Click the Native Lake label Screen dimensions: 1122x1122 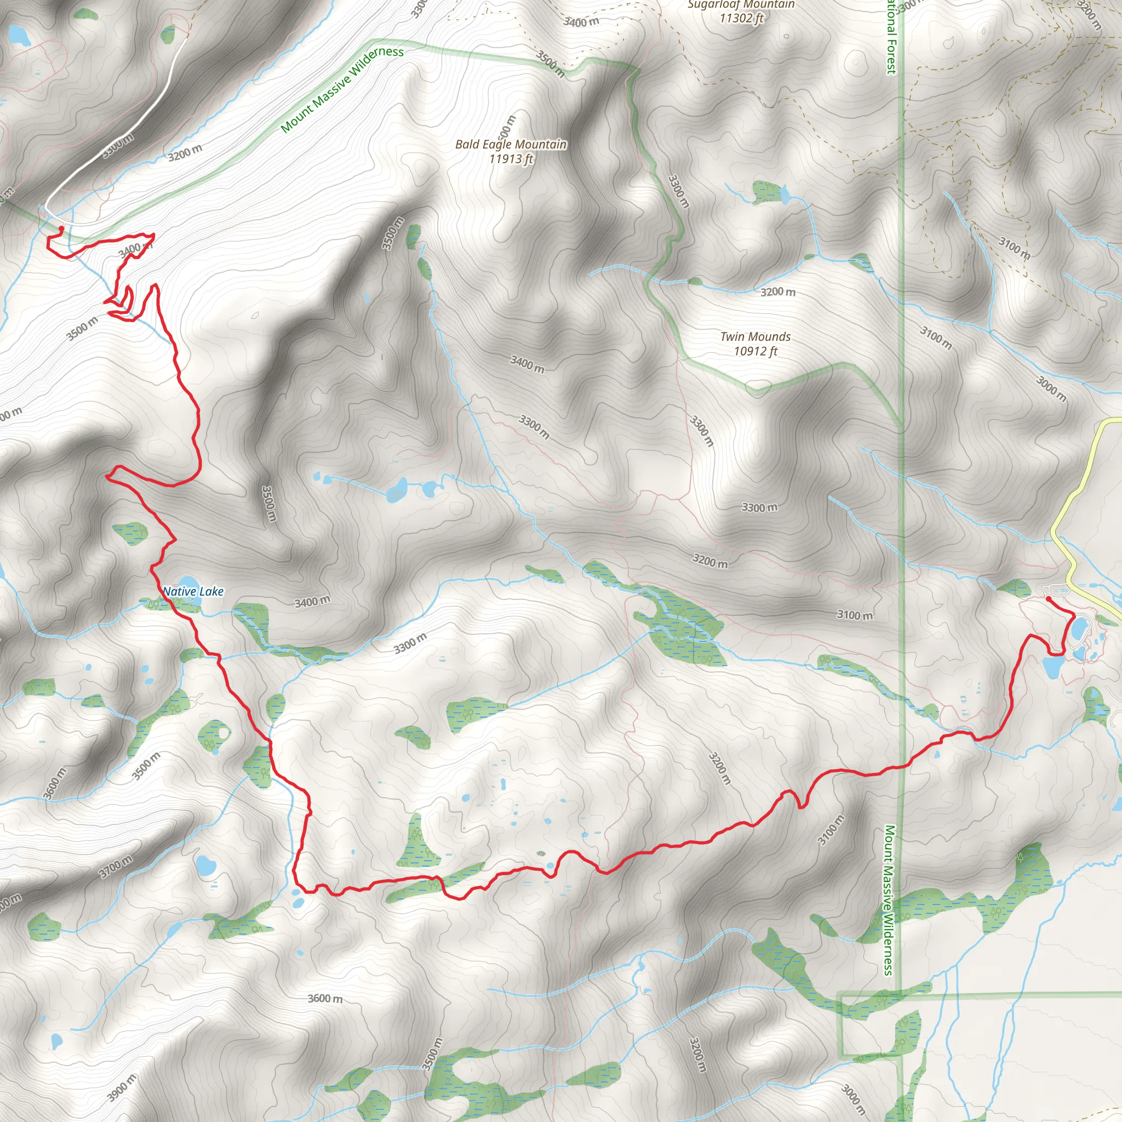(x=193, y=591)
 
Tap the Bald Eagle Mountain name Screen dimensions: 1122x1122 (x=511, y=144)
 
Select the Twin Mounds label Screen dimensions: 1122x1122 (x=755, y=337)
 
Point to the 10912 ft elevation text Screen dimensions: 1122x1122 (x=755, y=351)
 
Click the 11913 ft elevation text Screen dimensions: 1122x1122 (x=511, y=158)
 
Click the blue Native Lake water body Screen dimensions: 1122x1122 (x=187, y=582)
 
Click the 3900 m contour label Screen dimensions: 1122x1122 (x=122, y=1087)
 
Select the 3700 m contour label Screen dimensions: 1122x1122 (x=116, y=867)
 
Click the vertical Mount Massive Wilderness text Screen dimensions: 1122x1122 (x=888, y=900)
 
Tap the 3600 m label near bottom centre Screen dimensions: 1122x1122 (x=325, y=998)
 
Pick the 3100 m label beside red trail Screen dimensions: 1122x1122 (x=831, y=830)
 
